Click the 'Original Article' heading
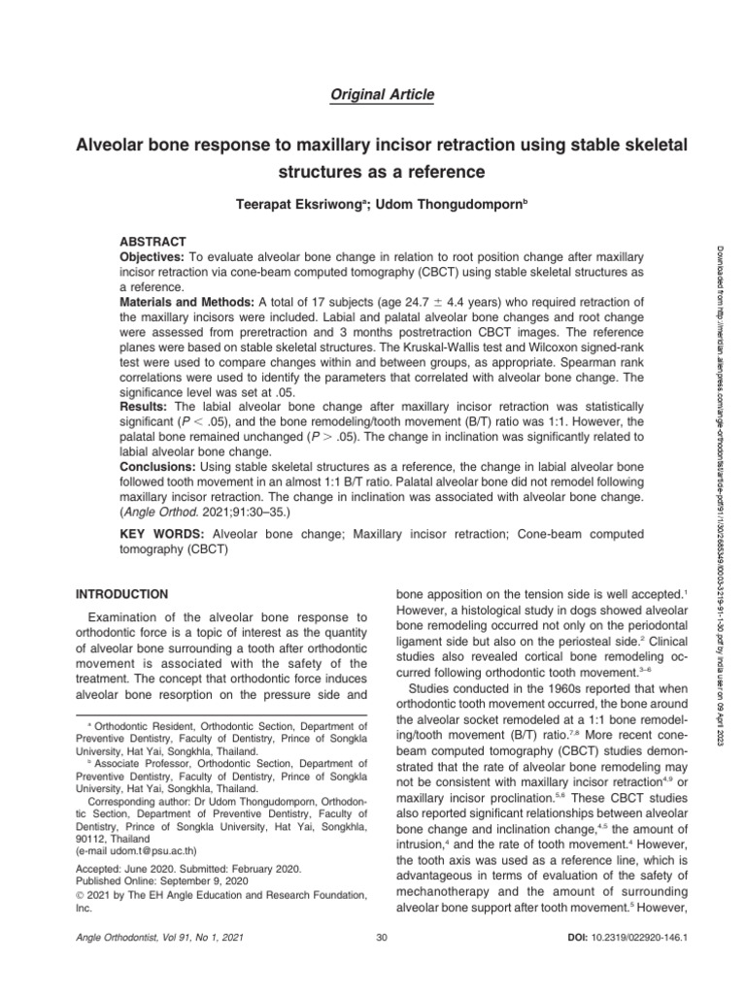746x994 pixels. coord(373,94)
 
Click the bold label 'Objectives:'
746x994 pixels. coord(152,254)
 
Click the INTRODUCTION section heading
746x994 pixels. coord(122,594)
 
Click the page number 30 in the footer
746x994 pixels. coord(381,937)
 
